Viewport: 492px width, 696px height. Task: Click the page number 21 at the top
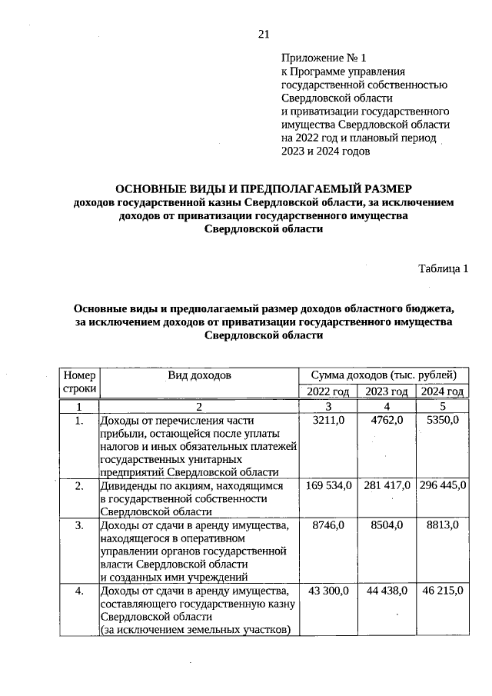point(264,34)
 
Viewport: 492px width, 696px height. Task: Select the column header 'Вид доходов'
point(199,375)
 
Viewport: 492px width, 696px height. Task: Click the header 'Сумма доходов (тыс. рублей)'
point(384,375)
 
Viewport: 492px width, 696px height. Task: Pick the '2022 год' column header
point(329,392)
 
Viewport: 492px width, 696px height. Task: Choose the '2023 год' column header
point(386,392)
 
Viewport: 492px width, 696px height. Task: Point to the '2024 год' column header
point(441,392)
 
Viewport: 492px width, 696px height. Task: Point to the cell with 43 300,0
point(329,590)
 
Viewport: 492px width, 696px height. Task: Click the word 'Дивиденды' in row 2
point(128,486)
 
